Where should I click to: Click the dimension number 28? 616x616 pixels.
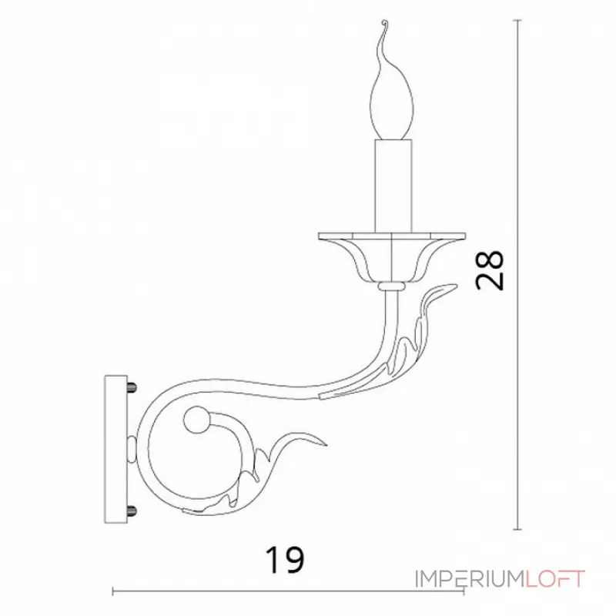[x=490, y=271]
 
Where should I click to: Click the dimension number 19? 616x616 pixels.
[x=284, y=560]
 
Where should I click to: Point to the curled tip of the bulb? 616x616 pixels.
[x=386, y=22]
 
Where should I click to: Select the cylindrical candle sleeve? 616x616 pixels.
[x=393, y=186]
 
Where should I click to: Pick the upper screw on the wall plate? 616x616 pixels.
[x=132, y=387]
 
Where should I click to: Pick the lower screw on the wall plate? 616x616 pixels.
[x=132, y=511]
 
